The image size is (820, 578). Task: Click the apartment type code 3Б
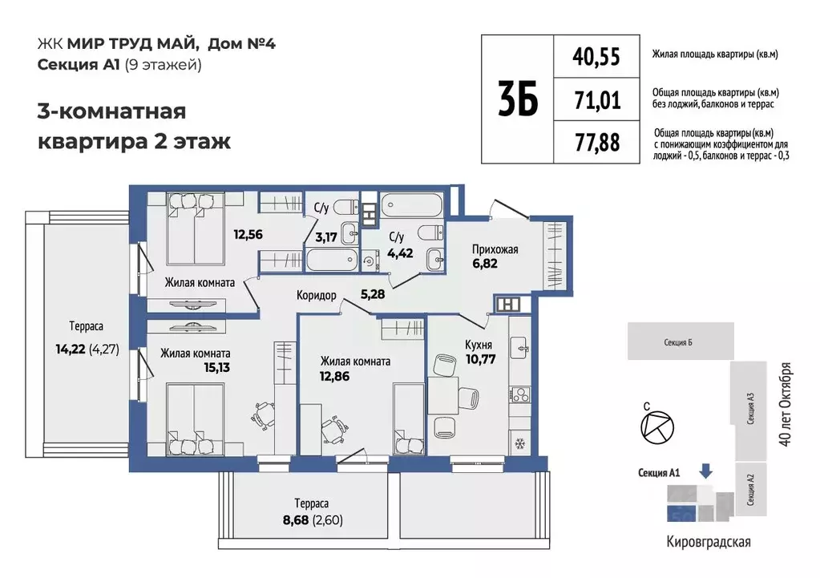coord(517,99)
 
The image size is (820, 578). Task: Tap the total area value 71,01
coord(596,99)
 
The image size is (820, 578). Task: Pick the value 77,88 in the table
coord(596,143)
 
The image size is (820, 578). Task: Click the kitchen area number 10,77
coord(480,358)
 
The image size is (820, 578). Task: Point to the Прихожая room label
coord(495,249)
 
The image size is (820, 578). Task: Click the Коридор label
coord(316,295)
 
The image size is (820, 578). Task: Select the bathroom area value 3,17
coord(325,236)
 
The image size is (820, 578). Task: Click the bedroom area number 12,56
coord(248,236)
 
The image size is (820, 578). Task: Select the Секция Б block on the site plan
coord(680,342)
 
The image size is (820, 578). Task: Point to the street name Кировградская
coord(709,542)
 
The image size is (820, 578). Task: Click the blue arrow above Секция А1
coord(705,471)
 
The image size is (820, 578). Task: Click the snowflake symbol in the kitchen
coord(518,443)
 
